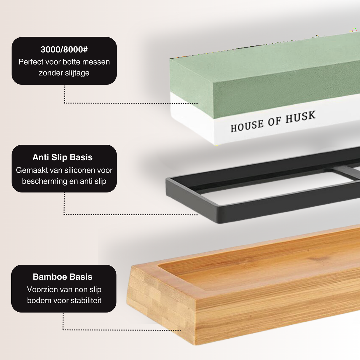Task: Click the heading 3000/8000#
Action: tap(64, 50)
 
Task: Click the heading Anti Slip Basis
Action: tap(63, 157)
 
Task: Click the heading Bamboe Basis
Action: tap(63, 277)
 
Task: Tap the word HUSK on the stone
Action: tap(300, 117)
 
